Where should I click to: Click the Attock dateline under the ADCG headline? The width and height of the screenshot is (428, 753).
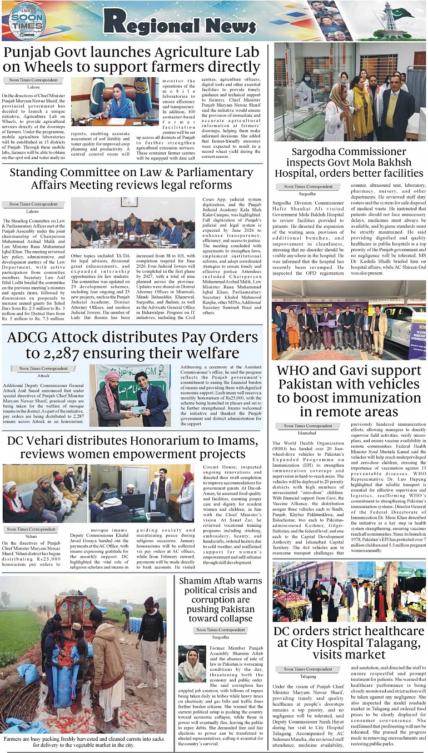tap(43, 376)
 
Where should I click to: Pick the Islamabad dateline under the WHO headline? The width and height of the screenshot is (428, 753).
tap(307, 432)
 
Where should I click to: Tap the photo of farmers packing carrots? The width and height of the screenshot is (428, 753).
tap(83, 654)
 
